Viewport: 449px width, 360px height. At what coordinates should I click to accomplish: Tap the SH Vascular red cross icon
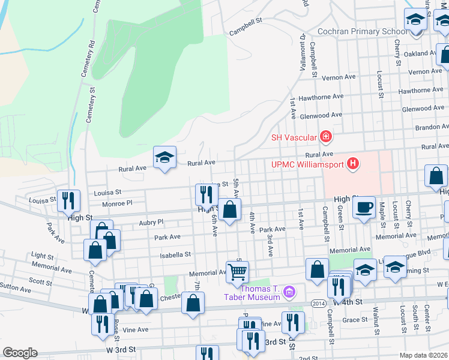coord(325,137)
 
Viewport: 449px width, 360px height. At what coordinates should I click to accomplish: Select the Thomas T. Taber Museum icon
coord(290,292)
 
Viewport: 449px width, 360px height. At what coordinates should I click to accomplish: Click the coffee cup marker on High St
coord(364,208)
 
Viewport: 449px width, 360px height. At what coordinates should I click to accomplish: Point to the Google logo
coord(20,353)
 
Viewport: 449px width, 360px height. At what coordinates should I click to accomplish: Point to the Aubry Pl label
coord(151,222)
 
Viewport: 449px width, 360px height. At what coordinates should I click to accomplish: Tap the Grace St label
coord(354,320)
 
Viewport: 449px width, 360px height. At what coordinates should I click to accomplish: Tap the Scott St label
coord(40,281)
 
